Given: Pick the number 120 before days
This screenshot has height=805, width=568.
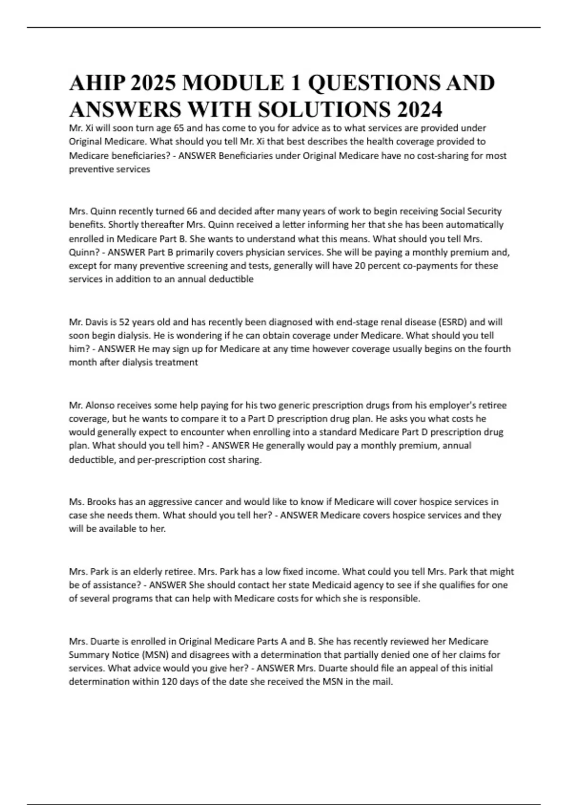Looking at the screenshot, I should point(169,682).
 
